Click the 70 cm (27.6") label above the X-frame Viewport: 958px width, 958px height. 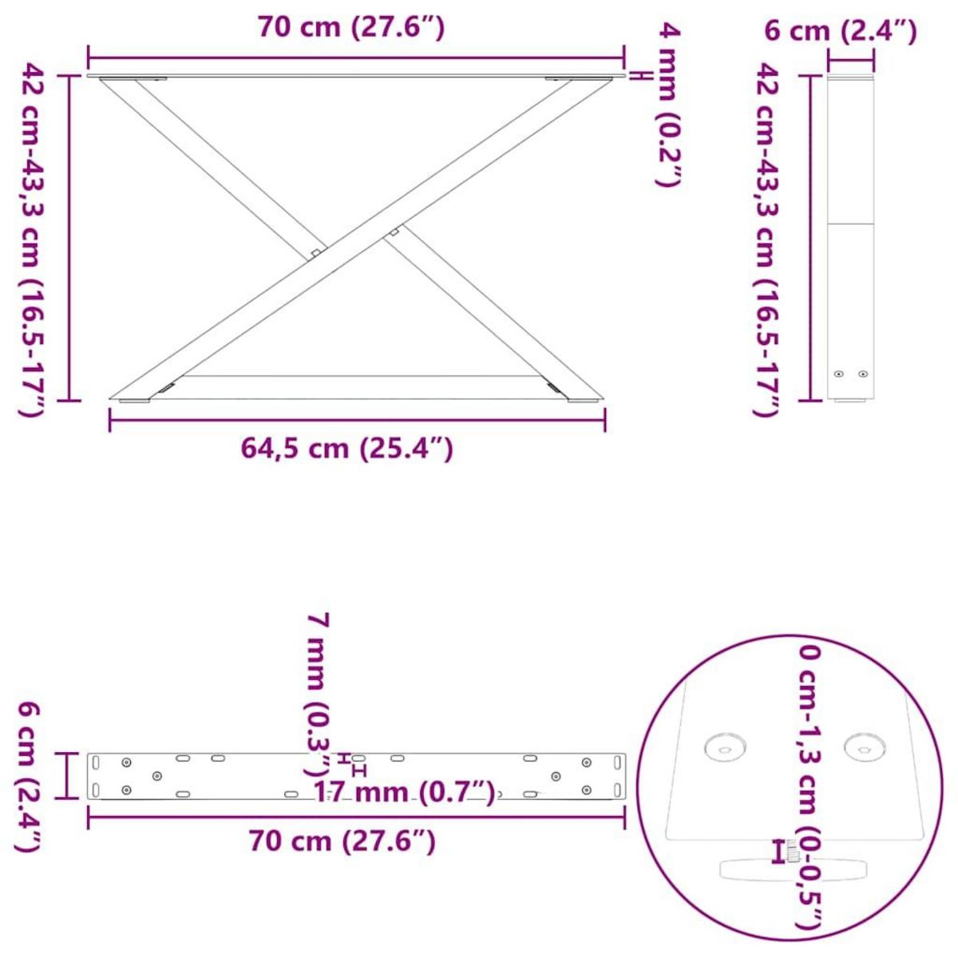pos(351,27)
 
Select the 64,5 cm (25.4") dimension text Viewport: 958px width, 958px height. pos(347,449)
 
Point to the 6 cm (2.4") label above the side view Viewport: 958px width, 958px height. pos(841,31)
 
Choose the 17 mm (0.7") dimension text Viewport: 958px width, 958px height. pos(404,793)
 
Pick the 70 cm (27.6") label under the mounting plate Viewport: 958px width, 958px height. pos(342,841)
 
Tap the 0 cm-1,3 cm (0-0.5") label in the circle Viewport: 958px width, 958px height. pos(810,786)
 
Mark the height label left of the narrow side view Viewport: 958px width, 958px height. pos(766,239)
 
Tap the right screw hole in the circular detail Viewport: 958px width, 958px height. pos(865,748)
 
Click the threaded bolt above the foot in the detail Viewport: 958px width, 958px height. pos(792,852)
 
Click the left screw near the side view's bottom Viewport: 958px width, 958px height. pos(838,374)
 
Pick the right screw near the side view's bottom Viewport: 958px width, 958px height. pos(862,374)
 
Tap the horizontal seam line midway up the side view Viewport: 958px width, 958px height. pos(851,224)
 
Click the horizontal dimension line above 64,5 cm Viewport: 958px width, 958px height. pos(357,420)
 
